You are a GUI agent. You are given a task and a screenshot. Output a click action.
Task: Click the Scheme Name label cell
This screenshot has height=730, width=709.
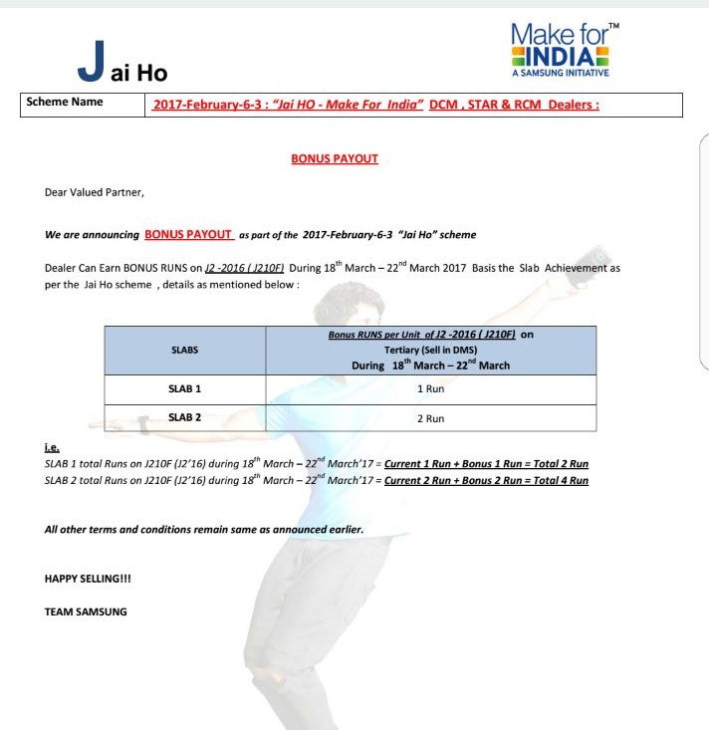pyautogui.click(x=65, y=103)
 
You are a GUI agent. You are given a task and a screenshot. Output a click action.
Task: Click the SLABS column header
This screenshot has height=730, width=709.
pyautogui.click(x=184, y=350)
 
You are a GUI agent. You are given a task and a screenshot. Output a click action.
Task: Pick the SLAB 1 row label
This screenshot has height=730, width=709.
pyautogui.click(x=184, y=388)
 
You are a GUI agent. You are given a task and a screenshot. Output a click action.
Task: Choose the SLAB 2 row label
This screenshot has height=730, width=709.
pyautogui.click(x=184, y=417)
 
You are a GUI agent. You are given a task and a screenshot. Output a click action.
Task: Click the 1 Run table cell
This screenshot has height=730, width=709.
pyautogui.click(x=430, y=389)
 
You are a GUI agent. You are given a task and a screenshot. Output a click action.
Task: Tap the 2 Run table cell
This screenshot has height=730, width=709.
pyautogui.click(x=430, y=419)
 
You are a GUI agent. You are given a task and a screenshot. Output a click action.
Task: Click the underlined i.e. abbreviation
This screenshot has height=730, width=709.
pyautogui.click(x=51, y=449)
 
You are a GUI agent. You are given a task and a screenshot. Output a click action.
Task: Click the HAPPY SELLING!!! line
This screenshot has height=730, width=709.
pyautogui.click(x=88, y=579)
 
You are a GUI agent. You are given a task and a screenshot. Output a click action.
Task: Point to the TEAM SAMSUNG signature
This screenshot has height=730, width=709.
pyautogui.click(x=86, y=610)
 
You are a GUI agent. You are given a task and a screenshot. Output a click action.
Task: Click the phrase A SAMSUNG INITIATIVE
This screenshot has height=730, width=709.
pyautogui.click(x=560, y=73)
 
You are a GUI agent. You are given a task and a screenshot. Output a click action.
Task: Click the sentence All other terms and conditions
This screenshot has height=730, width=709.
pyautogui.click(x=203, y=529)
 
